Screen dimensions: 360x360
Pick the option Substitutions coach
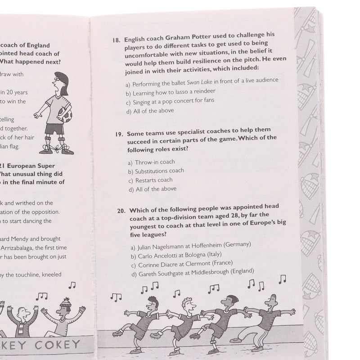point(159,171)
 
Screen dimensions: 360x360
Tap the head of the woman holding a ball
point(59,83)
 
